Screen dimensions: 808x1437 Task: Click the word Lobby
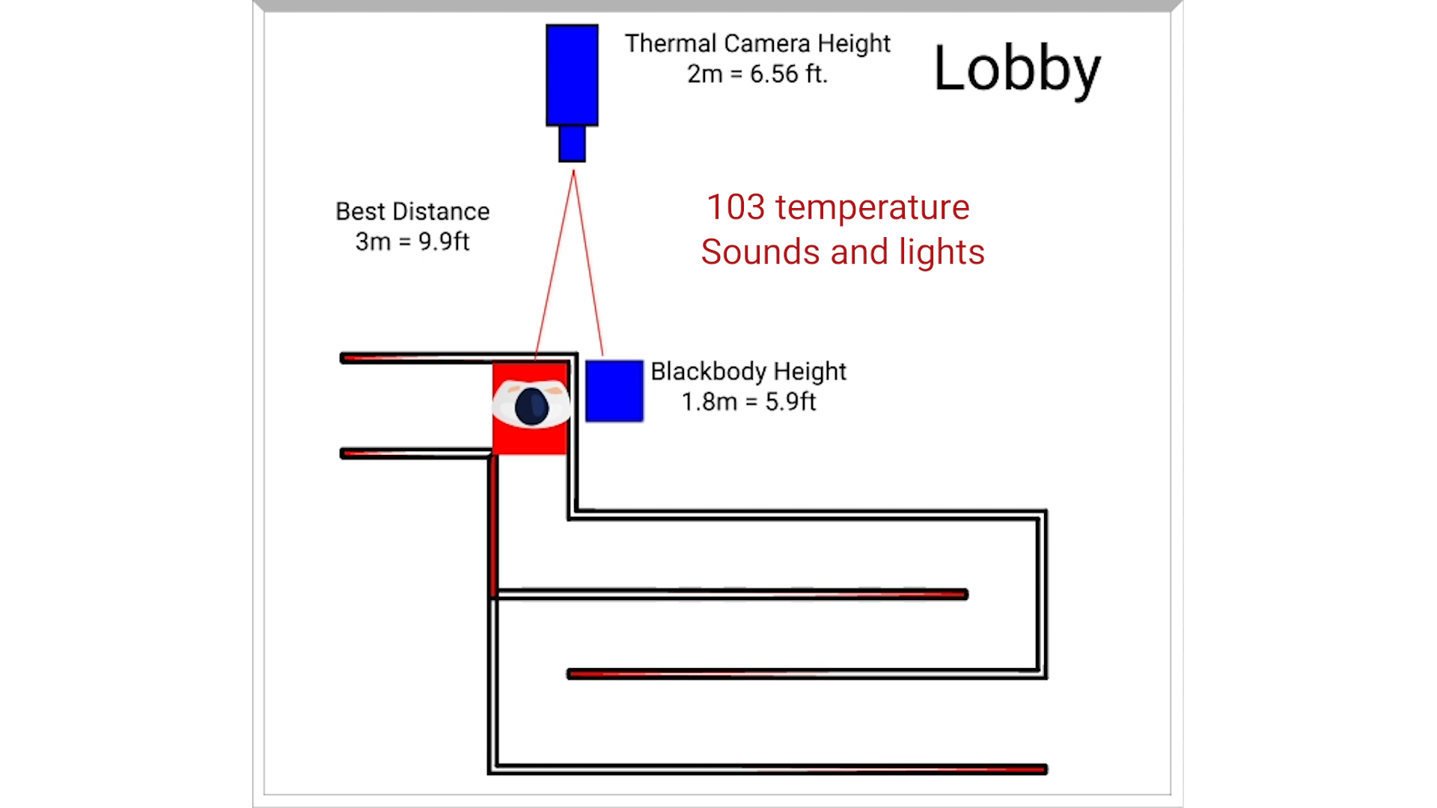1016,69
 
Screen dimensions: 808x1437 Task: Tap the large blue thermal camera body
572,75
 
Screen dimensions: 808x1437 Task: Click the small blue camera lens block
572,144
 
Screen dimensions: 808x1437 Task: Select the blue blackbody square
614,391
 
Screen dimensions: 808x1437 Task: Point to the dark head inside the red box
531,406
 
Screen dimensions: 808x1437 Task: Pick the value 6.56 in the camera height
774,74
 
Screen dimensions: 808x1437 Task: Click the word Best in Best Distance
360,212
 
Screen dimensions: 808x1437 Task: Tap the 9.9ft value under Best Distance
444,242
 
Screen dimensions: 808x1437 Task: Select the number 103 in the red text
736,207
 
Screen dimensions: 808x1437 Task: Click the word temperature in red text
872,207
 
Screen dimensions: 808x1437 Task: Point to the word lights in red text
942,252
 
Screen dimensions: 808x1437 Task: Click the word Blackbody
708,371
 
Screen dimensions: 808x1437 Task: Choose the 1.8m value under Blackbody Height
709,402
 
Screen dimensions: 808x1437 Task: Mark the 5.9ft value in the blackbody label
790,402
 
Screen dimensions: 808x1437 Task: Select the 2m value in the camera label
704,74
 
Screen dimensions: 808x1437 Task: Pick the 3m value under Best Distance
373,242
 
